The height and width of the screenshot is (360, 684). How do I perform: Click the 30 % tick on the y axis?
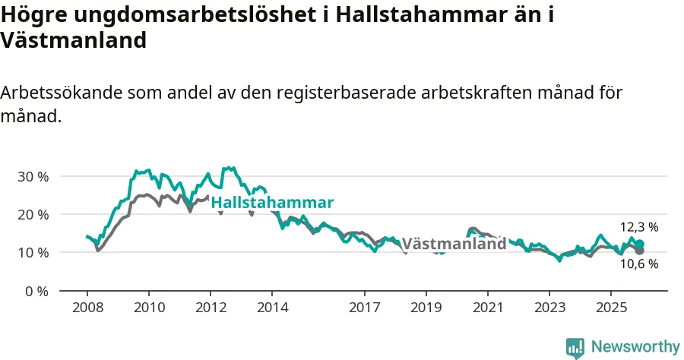[33, 176]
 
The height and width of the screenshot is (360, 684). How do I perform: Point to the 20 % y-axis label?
[33, 214]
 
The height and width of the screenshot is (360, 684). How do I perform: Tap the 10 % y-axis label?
[33, 252]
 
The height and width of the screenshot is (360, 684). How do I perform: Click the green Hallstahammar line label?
[272, 203]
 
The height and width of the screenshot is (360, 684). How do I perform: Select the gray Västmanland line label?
[454, 244]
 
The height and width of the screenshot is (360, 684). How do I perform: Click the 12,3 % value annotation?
[639, 227]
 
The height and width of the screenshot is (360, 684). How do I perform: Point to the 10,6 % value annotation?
[639, 264]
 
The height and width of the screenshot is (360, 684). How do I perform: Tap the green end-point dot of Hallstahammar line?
[640, 244]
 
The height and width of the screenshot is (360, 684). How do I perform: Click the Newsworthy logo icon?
[575, 347]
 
